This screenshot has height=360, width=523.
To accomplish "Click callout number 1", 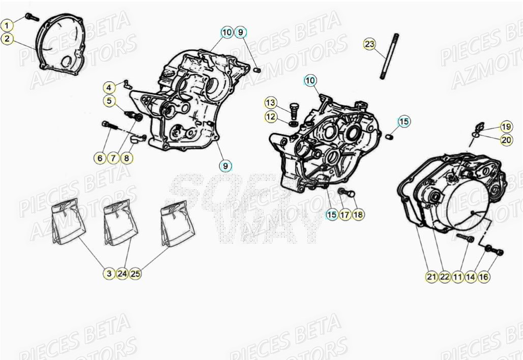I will (7, 24).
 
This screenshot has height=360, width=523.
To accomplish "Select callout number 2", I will (7, 38).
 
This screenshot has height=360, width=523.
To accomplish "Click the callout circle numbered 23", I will (370, 44).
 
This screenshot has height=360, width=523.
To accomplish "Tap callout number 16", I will (484, 277).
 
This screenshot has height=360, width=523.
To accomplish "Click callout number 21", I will (431, 277).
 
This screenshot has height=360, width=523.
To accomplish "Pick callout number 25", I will (135, 274).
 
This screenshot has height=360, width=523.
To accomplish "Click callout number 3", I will (108, 274).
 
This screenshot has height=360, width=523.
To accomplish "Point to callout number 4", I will (109, 87).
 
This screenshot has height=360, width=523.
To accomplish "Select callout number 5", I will (109, 101).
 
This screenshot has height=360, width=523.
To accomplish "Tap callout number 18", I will (358, 215).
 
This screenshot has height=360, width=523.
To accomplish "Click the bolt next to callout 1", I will (32, 17).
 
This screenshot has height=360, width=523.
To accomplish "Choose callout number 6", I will (100, 158).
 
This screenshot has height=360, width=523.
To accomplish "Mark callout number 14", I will (471, 277).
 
